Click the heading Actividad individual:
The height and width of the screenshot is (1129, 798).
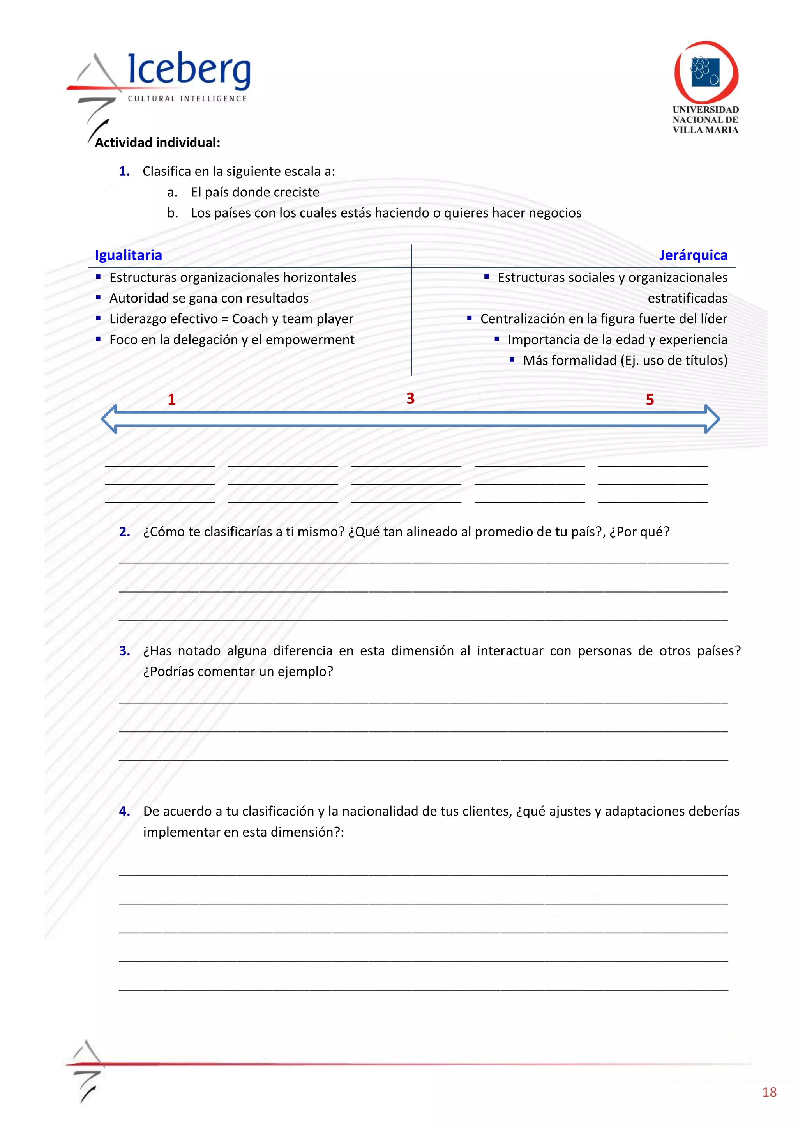pyautogui.click(x=157, y=143)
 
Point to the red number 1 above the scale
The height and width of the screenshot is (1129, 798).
pyautogui.click(x=171, y=399)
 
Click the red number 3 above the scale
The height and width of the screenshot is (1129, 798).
pyautogui.click(x=410, y=398)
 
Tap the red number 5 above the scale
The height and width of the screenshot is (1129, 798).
pyautogui.click(x=650, y=399)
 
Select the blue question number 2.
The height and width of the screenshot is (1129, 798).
pyautogui.click(x=124, y=531)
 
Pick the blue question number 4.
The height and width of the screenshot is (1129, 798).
pyautogui.click(x=124, y=811)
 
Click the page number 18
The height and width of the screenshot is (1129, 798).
pyautogui.click(x=769, y=1092)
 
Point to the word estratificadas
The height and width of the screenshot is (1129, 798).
pyautogui.click(x=687, y=298)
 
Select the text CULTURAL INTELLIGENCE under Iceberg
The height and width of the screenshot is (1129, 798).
pyautogui.click(x=187, y=98)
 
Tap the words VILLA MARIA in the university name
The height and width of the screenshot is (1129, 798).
pyautogui.click(x=705, y=130)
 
